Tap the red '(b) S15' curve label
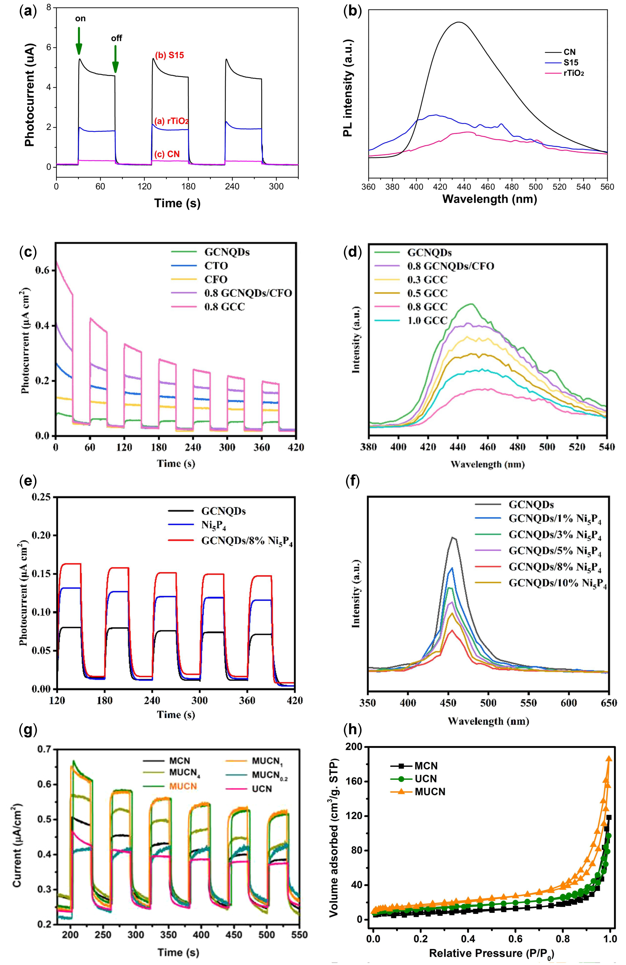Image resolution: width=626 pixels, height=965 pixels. click(169, 55)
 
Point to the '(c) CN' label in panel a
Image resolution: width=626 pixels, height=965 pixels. click(167, 154)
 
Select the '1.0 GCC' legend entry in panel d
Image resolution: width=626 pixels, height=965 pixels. click(427, 320)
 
